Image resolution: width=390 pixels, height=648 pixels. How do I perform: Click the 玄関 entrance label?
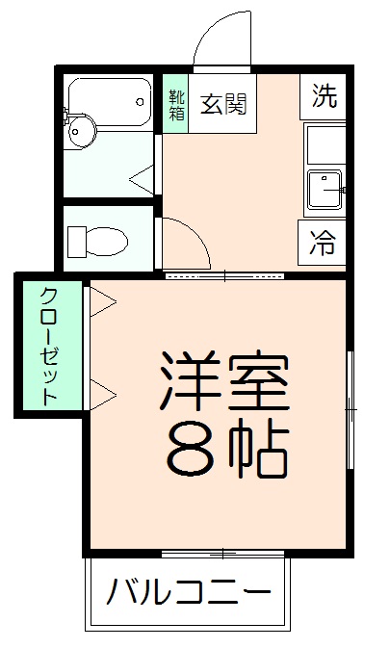pyautogui.click(x=222, y=104)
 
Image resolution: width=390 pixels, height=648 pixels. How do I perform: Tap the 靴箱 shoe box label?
pyautogui.click(x=176, y=104)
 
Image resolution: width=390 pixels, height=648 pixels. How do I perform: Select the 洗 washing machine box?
pyautogui.click(x=325, y=96)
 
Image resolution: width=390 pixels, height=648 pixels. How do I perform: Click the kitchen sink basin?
pyautogui.click(x=325, y=191)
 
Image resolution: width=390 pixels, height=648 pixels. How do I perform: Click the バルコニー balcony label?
pyautogui.click(x=188, y=589)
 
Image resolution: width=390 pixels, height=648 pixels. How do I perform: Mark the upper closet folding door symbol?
pyautogui.click(x=102, y=302)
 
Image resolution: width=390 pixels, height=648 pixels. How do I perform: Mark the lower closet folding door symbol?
pyautogui.click(x=102, y=393)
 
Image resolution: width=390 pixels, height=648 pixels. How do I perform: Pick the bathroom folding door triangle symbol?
pyautogui.click(x=142, y=176)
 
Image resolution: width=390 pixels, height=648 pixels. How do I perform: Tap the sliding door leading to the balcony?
pyautogui.click(x=223, y=554)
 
